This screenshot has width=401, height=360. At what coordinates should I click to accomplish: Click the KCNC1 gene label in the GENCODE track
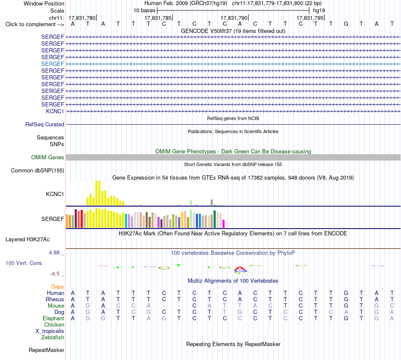tap(55, 111)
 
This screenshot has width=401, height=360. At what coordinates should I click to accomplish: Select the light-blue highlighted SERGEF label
tap(52, 64)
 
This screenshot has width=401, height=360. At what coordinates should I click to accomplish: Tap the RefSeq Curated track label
tap(45, 125)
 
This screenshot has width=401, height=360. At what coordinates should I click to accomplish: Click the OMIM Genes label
tap(48, 157)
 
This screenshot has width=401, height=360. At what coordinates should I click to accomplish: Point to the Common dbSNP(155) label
tap(38, 171)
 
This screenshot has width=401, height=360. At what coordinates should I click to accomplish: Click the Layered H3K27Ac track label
tap(27, 240)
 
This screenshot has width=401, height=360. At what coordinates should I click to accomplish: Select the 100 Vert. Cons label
tap(24, 263)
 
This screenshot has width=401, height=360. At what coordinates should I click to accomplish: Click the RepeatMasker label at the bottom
tap(46, 350)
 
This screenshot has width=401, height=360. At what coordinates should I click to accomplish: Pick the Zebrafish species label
tap(53, 338)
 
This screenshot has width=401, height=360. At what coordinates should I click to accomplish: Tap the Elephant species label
tap(53, 318)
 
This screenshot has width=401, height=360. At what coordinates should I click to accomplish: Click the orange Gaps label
tap(57, 287)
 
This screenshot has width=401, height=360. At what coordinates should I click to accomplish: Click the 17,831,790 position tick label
tap(234, 18)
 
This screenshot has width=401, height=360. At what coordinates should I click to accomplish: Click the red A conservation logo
tap(240, 268)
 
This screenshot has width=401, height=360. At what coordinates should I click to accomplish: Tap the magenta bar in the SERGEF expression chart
tap(224, 224)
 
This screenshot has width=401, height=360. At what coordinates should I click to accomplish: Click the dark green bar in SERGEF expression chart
tap(214, 219)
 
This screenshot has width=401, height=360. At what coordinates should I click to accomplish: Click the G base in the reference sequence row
tap(346, 24)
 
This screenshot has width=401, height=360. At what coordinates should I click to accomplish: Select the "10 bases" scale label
tap(144, 11)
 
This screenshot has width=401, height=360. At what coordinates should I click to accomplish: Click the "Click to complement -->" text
tap(35, 25)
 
